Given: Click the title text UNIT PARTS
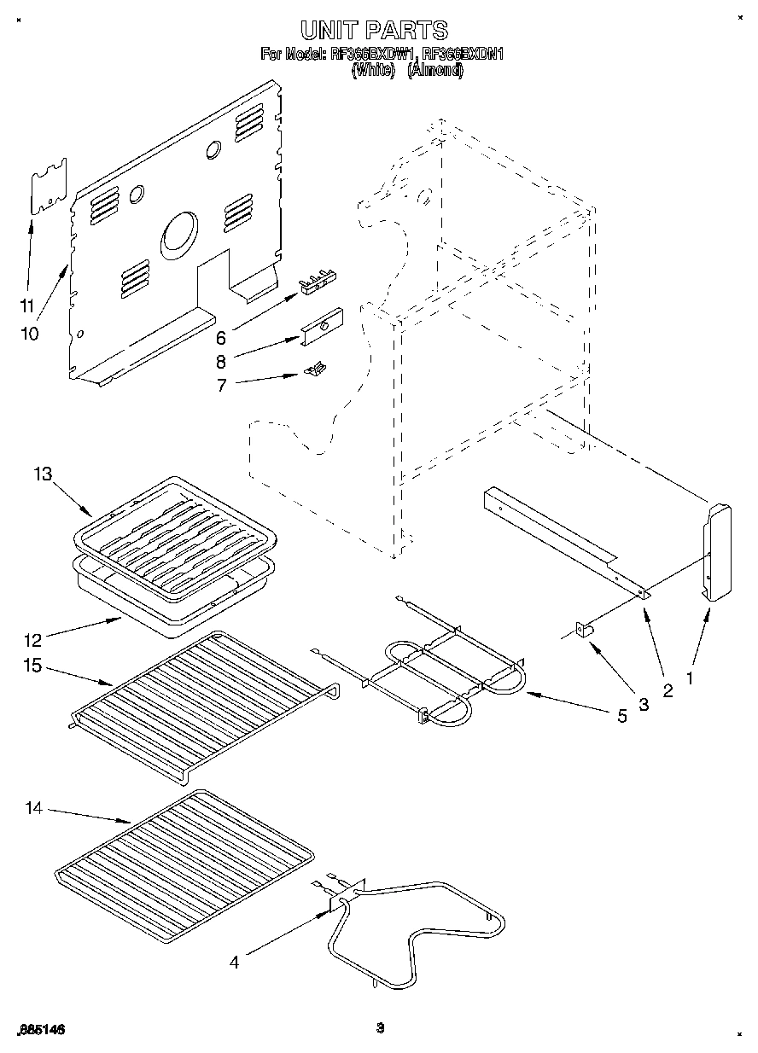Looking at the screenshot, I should [373, 30].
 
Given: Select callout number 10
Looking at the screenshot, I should [30, 334].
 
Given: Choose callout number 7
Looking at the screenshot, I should [221, 385].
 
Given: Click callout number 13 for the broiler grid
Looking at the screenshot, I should [44, 475].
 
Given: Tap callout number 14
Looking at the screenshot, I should [33, 808].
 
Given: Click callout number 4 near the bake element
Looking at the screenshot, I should [234, 963].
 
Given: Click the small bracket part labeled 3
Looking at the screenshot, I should [585, 630].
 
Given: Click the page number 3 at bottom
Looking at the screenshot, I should [381, 1029].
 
